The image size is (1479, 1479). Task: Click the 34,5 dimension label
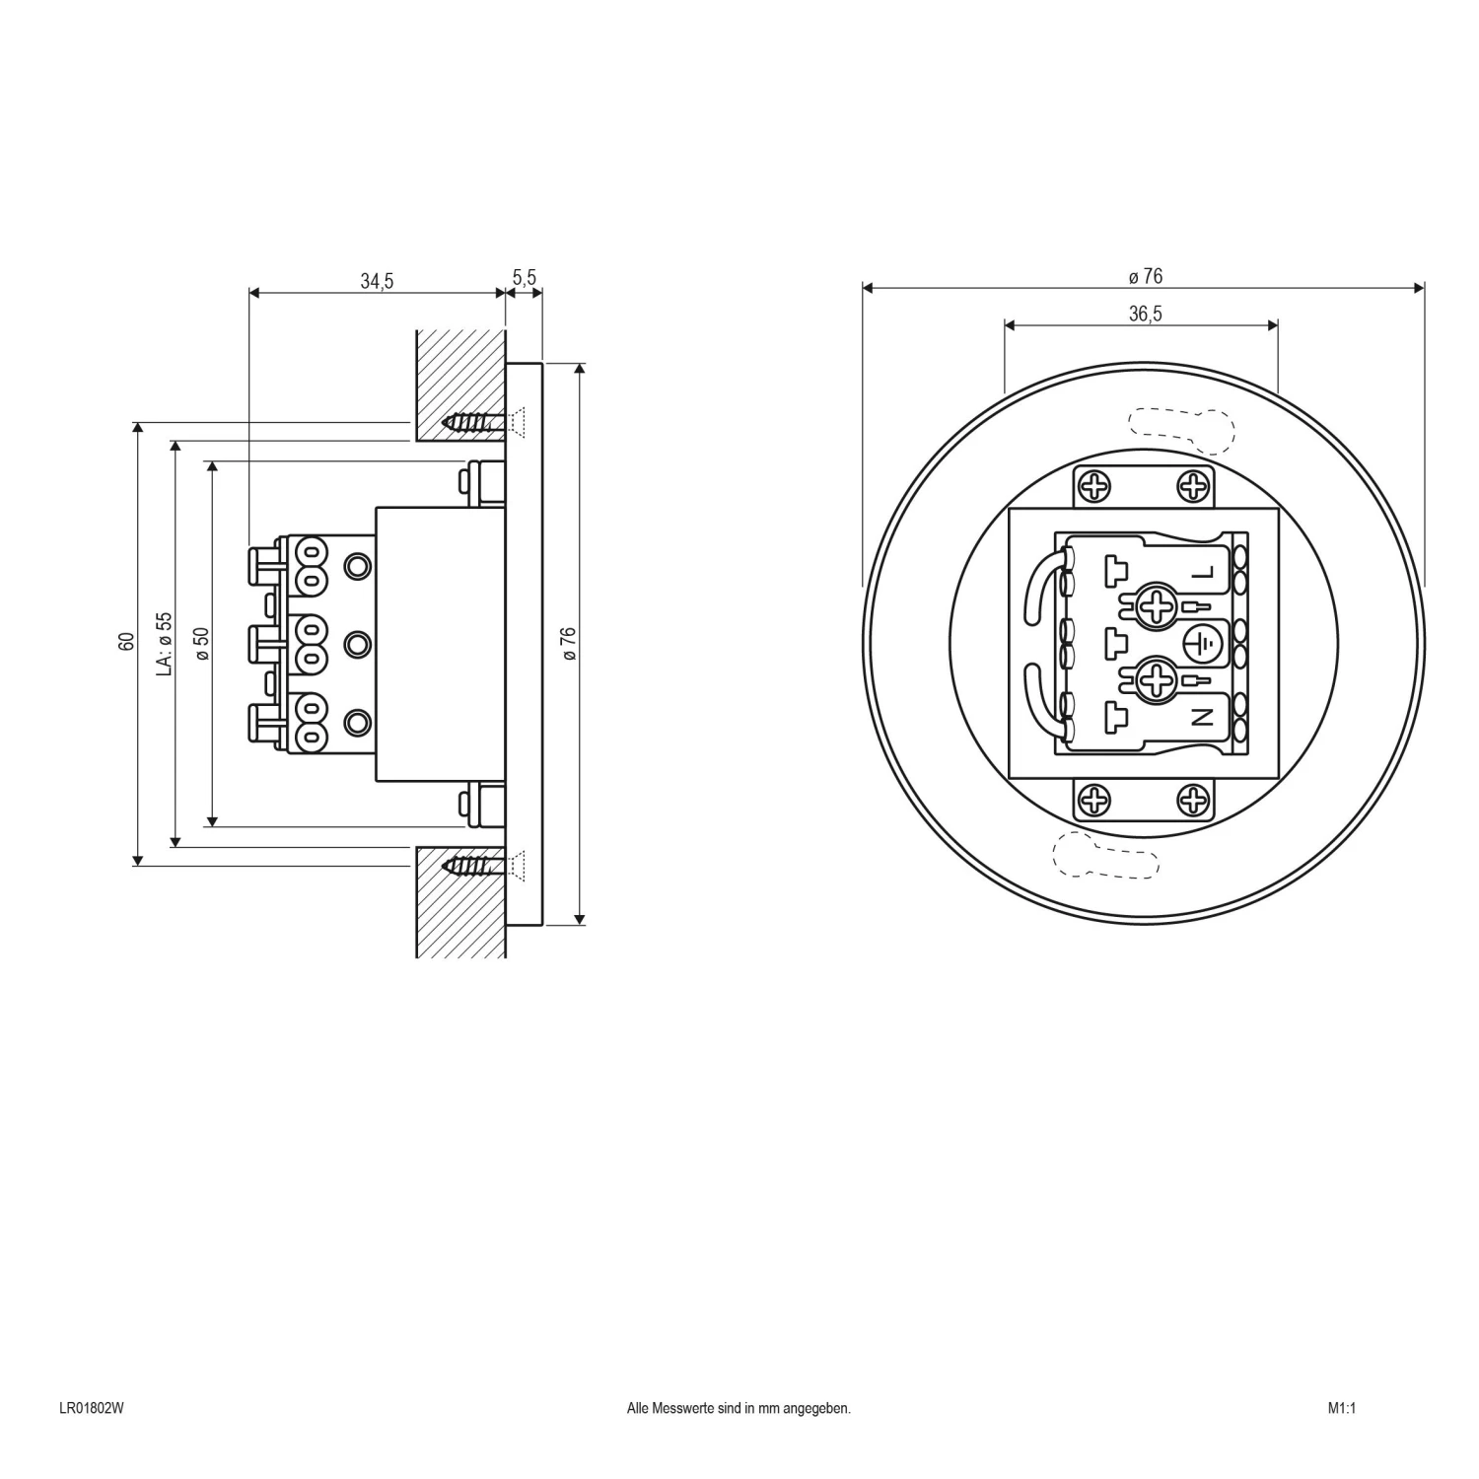377,281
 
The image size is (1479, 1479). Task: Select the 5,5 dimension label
525,277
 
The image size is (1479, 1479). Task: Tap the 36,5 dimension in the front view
1145,314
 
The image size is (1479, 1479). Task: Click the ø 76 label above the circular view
1145,277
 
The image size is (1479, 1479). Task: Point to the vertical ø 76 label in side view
568,643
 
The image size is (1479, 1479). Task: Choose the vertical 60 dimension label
126,642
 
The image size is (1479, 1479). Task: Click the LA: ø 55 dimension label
165,643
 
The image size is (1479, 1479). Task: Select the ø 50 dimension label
201,643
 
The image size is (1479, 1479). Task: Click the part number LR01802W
92,1408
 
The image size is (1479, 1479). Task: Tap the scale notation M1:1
1341,1408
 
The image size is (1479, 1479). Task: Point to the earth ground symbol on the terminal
1202,645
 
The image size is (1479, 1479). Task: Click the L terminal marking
1202,573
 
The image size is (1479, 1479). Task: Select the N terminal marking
1202,718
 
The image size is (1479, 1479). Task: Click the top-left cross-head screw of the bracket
1094,486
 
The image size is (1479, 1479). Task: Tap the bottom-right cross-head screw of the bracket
1193,800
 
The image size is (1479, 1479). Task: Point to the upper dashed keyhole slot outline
1182,429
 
